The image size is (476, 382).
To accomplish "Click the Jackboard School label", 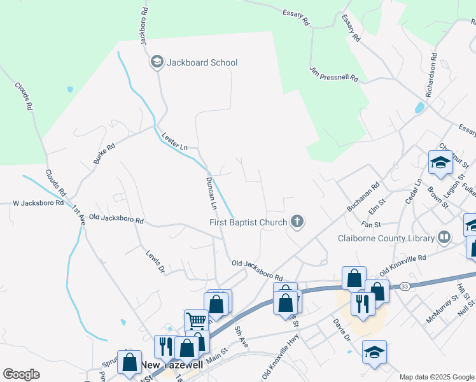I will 202,62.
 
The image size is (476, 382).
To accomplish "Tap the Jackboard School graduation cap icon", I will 157,62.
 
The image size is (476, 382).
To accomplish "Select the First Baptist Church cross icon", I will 297,222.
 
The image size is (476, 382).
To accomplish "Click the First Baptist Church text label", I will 248,222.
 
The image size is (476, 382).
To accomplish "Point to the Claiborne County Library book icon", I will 444,239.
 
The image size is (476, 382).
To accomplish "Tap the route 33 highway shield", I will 404,287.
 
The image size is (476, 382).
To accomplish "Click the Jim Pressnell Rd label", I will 334,74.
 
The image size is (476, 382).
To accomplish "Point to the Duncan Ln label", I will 211,194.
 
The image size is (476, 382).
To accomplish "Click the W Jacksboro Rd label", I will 38,203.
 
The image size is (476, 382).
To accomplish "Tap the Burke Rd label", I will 104,154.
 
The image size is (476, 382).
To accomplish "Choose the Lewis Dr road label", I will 155,261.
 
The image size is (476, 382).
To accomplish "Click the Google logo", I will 21,374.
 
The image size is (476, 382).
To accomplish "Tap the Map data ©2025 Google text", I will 437,377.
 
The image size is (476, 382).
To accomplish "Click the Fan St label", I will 370,225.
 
